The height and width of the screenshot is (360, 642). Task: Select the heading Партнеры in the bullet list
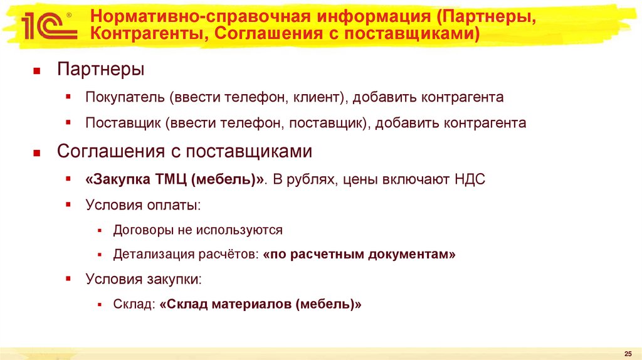[100, 70]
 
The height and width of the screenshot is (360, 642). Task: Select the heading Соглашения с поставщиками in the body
[184, 152]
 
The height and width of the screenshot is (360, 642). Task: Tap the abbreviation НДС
[469, 180]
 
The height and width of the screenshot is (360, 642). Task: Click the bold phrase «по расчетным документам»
[360, 255]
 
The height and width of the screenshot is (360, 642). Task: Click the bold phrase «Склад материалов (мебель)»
[261, 305]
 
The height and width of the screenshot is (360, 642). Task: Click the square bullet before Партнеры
[37, 71]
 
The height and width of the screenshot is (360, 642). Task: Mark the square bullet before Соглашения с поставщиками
[37, 153]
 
